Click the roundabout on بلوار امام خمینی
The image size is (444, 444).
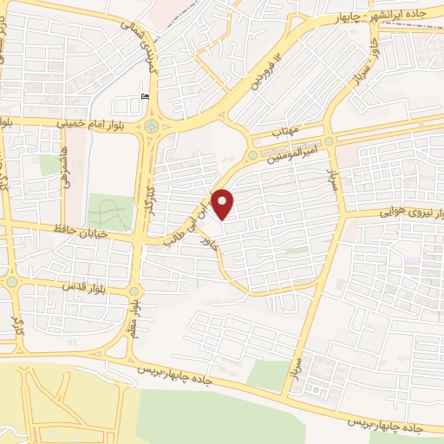153,127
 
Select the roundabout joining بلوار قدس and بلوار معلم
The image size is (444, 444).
134,291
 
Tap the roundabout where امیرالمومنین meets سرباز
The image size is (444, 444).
330,141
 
